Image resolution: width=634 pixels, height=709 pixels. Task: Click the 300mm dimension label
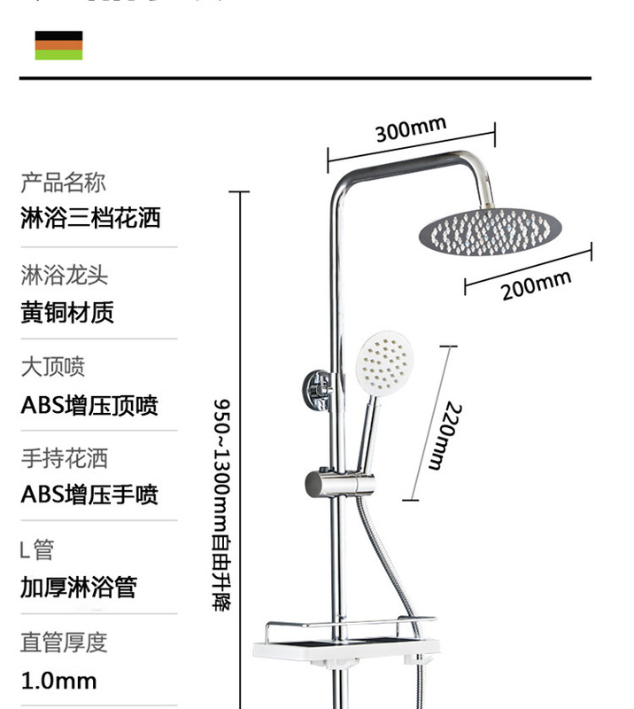(410, 129)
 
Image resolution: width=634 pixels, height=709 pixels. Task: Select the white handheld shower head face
(387, 363)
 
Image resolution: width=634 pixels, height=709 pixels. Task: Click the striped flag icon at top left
(58, 45)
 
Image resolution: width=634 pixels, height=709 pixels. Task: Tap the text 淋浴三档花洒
(90, 217)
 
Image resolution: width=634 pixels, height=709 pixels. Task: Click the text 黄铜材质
(67, 312)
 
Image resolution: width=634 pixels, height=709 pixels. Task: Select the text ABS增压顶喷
(89, 406)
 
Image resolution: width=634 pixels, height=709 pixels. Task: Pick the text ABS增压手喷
(89, 495)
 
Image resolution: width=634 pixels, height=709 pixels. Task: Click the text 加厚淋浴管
(79, 587)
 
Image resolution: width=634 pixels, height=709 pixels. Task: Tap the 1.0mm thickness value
(58, 681)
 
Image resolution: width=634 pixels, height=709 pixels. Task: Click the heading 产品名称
(63, 183)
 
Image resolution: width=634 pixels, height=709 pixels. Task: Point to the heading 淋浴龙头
(65, 275)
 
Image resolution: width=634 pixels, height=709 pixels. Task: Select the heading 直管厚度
(63, 643)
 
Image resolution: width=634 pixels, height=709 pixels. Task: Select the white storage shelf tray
(344, 643)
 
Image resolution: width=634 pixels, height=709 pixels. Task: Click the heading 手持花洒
(64, 458)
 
